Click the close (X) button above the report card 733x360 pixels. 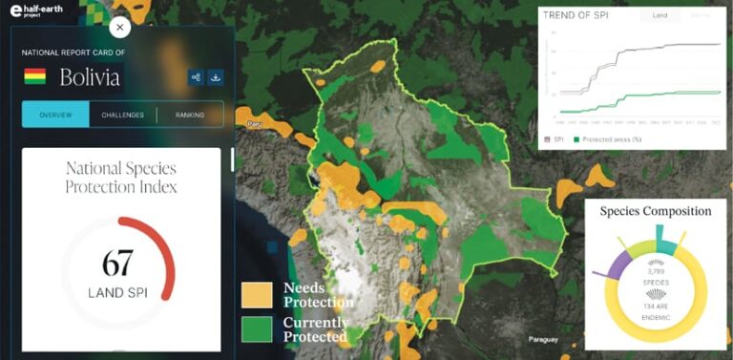click(120, 29)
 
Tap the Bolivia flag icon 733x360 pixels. click(34, 76)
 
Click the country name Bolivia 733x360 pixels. click(91, 77)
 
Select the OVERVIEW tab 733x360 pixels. click(55, 115)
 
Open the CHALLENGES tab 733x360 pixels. click(122, 115)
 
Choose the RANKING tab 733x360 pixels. click(189, 115)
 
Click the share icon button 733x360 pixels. click(196, 77)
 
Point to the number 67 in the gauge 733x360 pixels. click(116, 263)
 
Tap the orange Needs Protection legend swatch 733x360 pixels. click(257, 295)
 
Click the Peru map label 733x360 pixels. click(254, 124)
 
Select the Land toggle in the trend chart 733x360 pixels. click(660, 16)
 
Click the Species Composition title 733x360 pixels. click(655, 211)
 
